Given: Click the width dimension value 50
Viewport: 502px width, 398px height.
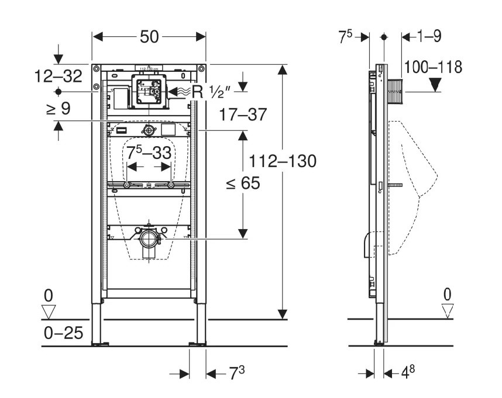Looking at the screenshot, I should (149, 37).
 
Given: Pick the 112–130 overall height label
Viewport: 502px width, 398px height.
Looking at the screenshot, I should (283, 161).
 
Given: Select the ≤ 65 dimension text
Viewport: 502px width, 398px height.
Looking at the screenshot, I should (242, 184).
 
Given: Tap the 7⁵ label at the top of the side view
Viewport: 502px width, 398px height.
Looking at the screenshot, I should (346, 37).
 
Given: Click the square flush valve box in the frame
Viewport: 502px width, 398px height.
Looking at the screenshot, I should (148, 91).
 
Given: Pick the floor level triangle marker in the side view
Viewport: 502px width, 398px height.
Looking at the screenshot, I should (448, 310).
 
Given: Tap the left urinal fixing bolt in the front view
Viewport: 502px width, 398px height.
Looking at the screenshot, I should (127, 185).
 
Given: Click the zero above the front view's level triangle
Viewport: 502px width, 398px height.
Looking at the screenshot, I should (48, 294).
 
